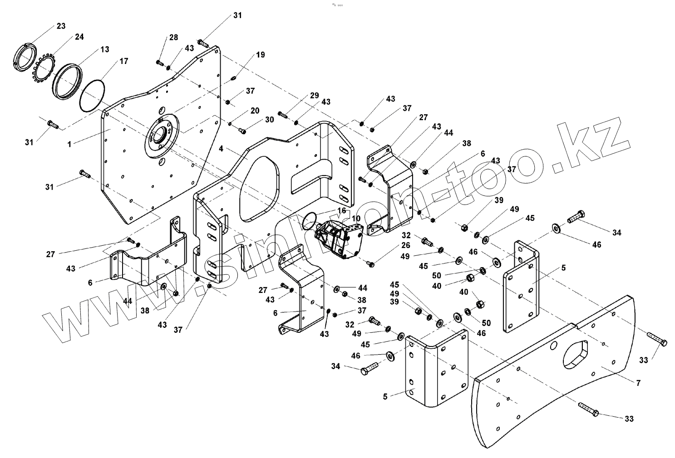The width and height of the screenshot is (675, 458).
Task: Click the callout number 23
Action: click(x=61, y=26)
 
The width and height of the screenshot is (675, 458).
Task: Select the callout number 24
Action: click(x=79, y=37)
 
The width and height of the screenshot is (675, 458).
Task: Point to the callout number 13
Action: click(x=105, y=49)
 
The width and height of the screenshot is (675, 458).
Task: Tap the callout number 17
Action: click(x=123, y=61)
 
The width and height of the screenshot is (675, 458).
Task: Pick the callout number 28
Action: click(x=174, y=38)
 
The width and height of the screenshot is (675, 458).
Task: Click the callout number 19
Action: click(x=260, y=55)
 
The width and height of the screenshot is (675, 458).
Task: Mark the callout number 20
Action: click(x=255, y=111)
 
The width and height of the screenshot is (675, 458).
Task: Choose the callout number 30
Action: click(x=270, y=120)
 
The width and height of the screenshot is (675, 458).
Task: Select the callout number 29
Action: click(x=315, y=96)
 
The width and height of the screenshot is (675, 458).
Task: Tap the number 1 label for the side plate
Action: click(x=69, y=144)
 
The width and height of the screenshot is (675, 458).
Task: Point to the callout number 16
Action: click(x=341, y=210)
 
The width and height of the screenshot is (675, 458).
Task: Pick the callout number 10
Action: click(x=356, y=218)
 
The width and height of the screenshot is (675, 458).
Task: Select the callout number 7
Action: click(x=638, y=383)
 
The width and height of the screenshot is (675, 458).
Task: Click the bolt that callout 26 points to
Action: click(x=370, y=263)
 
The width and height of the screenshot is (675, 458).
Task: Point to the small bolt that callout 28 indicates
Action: click(x=160, y=62)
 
